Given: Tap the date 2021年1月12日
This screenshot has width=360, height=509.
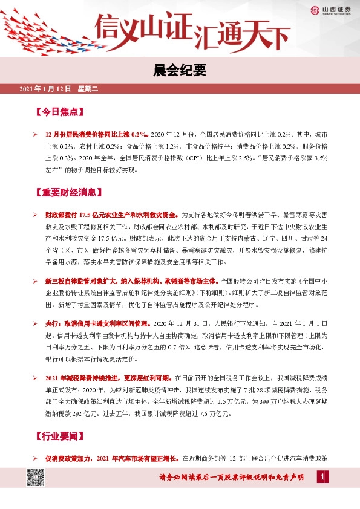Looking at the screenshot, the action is coord(45,89).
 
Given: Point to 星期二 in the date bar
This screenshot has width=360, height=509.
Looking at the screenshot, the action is coord(88,89).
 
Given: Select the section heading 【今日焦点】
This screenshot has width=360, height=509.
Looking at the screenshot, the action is coord(59,112).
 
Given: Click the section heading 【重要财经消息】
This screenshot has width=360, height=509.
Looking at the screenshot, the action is coord(67,193).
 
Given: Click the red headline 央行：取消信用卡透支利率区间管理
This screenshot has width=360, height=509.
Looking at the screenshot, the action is coord(99,324).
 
